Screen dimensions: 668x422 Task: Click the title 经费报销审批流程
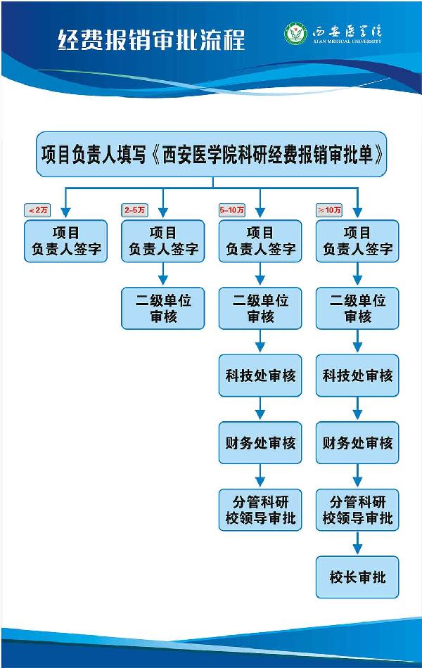click(x=151, y=39)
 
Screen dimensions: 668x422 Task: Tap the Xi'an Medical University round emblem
click(x=295, y=34)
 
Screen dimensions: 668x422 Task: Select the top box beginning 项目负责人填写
click(x=211, y=154)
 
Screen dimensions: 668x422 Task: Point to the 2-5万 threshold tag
click(x=135, y=210)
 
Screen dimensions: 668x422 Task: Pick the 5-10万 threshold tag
click(x=232, y=210)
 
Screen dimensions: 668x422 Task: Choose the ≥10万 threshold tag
click(x=329, y=210)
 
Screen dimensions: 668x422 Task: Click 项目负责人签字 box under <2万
click(x=66, y=241)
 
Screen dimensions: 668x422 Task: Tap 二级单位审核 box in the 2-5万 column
click(x=163, y=308)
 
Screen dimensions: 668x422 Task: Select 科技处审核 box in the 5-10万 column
click(x=260, y=375)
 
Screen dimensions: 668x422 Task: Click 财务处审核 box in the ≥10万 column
click(x=357, y=443)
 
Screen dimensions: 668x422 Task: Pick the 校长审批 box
click(x=357, y=577)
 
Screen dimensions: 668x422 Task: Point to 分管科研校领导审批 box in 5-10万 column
click(x=260, y=510)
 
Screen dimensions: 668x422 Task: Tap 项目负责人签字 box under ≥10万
click(x=357, y=241)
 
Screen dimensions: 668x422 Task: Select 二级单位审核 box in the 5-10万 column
click(x=260, y=308)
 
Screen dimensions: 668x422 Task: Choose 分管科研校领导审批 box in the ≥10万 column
click(x=357, y=510)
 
